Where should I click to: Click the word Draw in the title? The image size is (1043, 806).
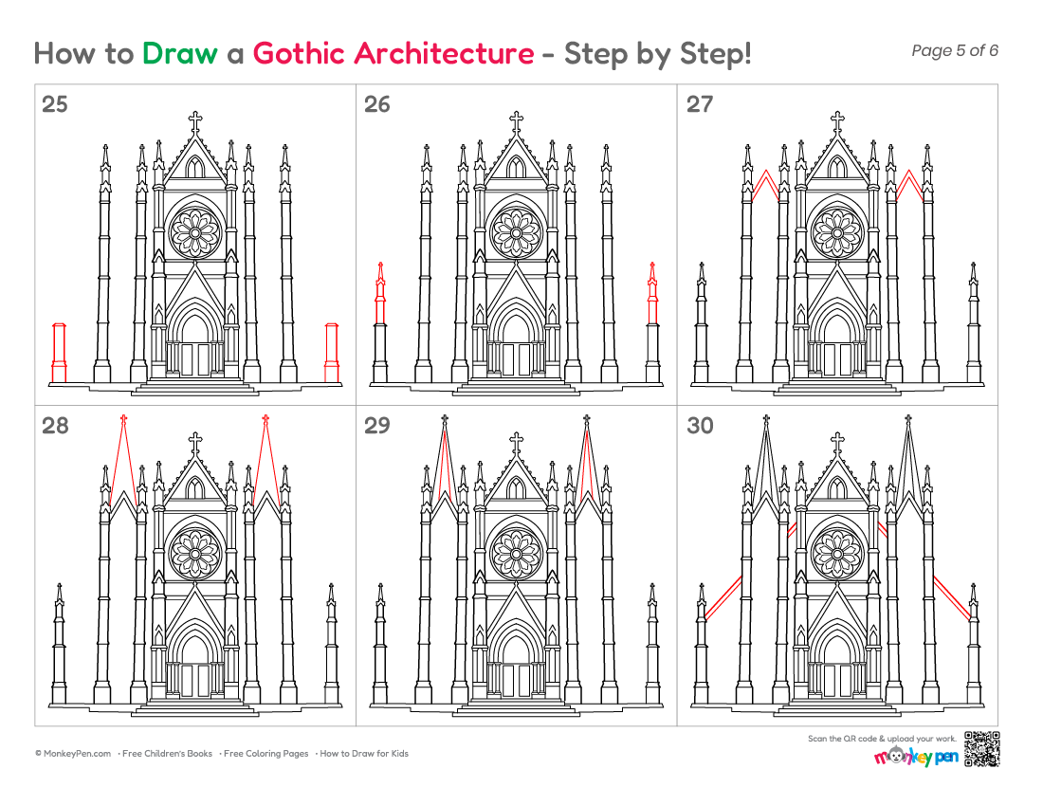[179, 53]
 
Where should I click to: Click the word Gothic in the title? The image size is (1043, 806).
[299, 53]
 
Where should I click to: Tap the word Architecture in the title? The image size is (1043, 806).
[444, 53]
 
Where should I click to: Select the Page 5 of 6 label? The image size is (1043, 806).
[955, 50]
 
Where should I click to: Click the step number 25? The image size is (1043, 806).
[55, 104]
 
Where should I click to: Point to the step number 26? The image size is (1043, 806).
[376, 104]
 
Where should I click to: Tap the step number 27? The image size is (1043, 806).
[700, 104]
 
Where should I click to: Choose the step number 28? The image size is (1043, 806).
[55, 426]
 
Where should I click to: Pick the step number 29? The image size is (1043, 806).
[376, 426]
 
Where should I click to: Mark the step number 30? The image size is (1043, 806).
[700, 426]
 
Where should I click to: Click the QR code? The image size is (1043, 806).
[981, 749]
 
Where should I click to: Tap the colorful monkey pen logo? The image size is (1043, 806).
[916, 756]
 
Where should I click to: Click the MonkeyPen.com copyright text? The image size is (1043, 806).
[73, 754]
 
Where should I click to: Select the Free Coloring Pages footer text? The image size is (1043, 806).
[266, 754]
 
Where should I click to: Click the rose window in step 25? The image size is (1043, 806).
[195, 232]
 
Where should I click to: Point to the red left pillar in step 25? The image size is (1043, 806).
[59, 353]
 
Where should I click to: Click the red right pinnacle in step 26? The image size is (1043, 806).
[652, 293]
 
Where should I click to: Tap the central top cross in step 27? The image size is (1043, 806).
[837, 121]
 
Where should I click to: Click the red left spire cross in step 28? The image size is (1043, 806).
[123, 420]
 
